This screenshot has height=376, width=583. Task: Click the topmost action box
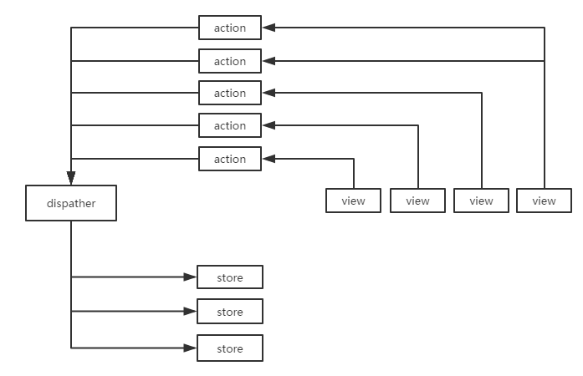tap(230, 28)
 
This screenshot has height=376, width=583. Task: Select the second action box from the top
tap(230, 61)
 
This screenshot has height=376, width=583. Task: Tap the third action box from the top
tap(230, 93)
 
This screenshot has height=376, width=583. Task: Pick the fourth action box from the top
tap(230, 125)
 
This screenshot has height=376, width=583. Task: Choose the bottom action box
tap(230, 159)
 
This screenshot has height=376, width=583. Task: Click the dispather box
tap(71, 204)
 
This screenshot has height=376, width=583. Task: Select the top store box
tap(230, 277)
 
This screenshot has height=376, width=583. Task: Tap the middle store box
tap(230, 312)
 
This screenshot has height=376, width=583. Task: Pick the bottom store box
tap(230, 348)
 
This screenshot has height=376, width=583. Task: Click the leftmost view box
tap(354, 201)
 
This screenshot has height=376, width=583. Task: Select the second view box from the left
tap(417, 201)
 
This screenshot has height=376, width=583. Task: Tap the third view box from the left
tap(482, 201)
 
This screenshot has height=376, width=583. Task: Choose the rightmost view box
tap(545, 201)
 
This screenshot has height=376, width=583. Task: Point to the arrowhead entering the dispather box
tap(71, 179)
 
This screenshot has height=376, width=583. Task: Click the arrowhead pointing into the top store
tap(190, 277)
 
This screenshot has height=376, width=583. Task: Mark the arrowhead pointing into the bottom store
tap(190, 348)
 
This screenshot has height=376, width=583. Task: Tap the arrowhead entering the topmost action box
tap(268, 28)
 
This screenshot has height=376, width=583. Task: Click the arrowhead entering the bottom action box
tap(268, 158)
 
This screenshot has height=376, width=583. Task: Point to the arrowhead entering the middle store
tap(190, 312)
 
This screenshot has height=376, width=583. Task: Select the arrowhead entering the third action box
tap(268, 92)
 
